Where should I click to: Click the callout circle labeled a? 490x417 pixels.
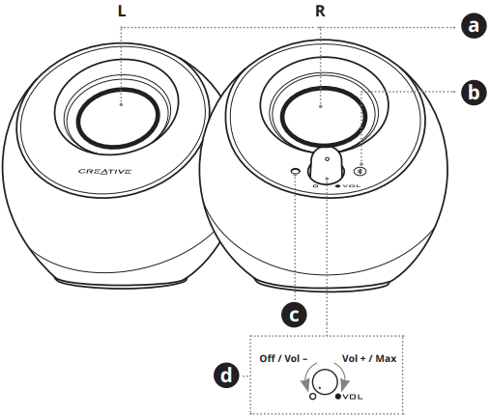[472, 25]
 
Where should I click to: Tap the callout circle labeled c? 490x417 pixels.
[294, 314]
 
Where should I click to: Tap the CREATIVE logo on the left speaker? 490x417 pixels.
[104, 173]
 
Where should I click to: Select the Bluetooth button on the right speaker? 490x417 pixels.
[360, 170]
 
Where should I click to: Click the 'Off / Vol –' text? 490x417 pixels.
[284, 357]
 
